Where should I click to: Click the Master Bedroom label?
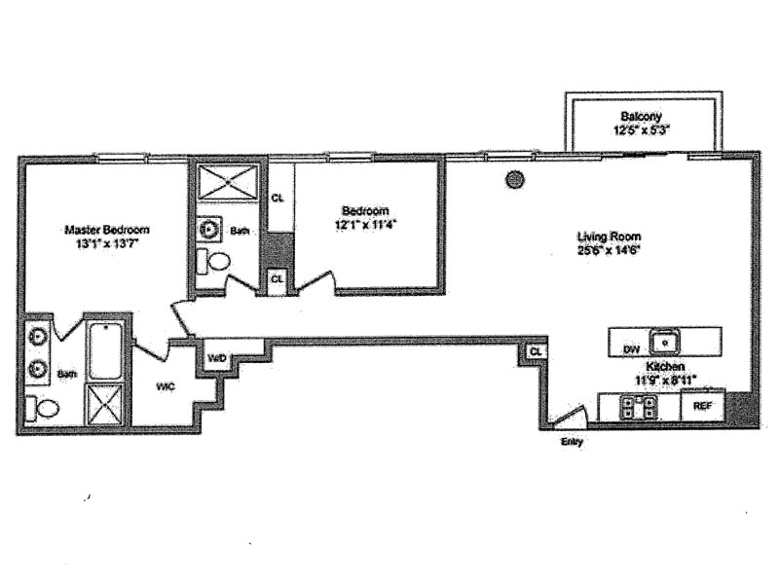pos(107,230)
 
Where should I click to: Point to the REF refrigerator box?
pos(702,405)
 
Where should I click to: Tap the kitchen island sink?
pos(664,342)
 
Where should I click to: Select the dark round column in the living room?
pos(515,179)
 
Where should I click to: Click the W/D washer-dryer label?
pos(216,358)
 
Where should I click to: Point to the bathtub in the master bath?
pos(104,349)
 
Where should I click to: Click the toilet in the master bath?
pos(43,407)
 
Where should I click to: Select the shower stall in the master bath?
pos(104,404)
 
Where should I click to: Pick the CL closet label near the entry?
pos(536,351)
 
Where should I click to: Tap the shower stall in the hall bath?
pos(226,182)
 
